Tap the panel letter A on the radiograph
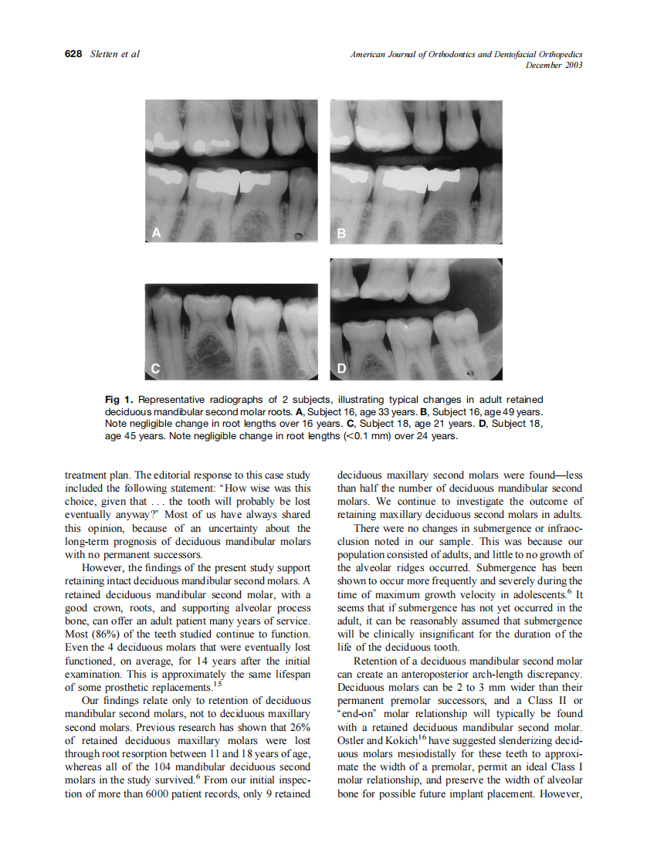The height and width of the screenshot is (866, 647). coord(156,233)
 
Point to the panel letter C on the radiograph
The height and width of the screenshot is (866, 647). coord(155,370)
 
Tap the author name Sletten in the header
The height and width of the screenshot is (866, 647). coord(104,54)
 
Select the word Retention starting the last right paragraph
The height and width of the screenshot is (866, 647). coord(375,661)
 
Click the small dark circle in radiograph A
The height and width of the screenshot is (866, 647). coord(298,235)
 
